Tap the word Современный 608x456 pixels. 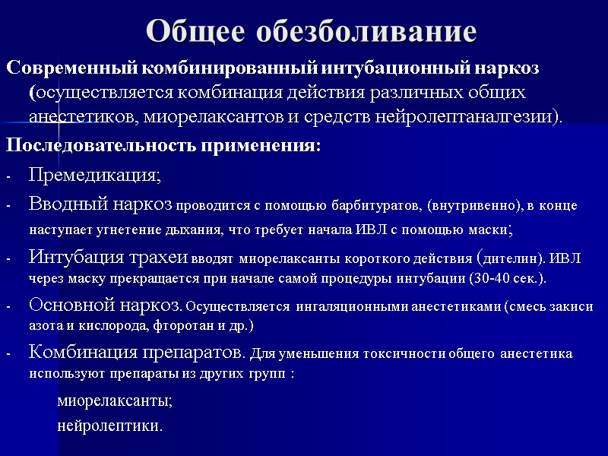(71, 68)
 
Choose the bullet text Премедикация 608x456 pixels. (93, 176)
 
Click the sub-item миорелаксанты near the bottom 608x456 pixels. (115, 400)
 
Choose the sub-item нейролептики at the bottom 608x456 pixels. (109, 425)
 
